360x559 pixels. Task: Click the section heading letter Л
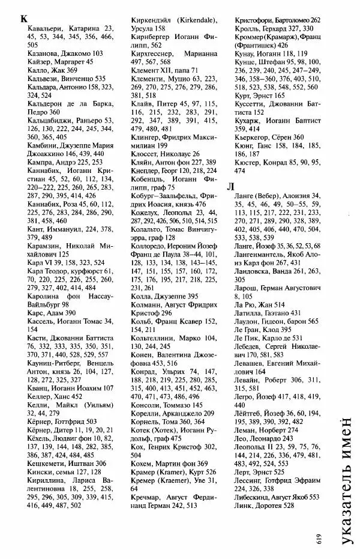230,187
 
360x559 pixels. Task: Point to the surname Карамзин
37,246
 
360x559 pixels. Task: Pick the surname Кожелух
147,213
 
